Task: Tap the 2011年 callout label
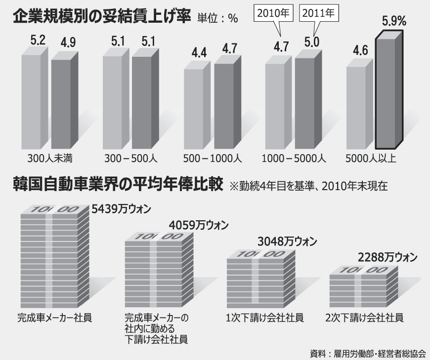coord(320,14)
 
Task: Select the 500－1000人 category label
coord(211,159)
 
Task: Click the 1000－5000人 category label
coord(293,159)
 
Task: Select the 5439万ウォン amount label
coord(121,208)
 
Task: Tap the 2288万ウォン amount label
coord(387,257)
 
